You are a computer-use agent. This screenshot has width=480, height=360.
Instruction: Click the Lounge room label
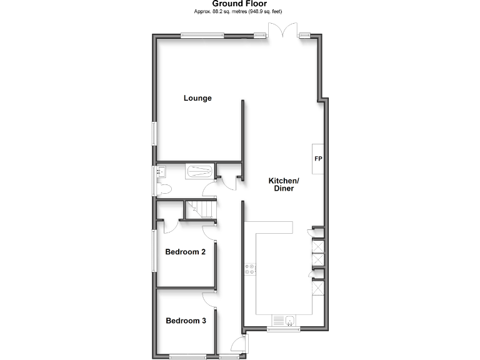[197, 98]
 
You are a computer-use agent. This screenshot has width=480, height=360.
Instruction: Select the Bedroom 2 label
[185, 252]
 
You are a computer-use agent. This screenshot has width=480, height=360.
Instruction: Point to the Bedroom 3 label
[186, 321]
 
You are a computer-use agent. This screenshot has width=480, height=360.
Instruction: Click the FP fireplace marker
[317, 159]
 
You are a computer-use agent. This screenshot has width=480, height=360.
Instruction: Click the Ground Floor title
[239, 4]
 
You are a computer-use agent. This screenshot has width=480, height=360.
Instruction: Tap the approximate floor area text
[239, 12]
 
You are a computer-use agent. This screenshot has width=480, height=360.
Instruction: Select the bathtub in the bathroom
[199, 171]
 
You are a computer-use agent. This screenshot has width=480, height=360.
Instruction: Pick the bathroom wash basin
[161, 171]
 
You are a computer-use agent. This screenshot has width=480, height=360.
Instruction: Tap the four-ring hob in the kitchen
[250, 269]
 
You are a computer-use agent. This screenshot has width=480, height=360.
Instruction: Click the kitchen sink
[289, 321]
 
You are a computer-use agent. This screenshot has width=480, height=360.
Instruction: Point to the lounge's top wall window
[201, 36]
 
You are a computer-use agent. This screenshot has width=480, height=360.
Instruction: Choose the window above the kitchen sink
[283, 329]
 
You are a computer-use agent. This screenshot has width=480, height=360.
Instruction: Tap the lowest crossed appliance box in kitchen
[317, 288]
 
